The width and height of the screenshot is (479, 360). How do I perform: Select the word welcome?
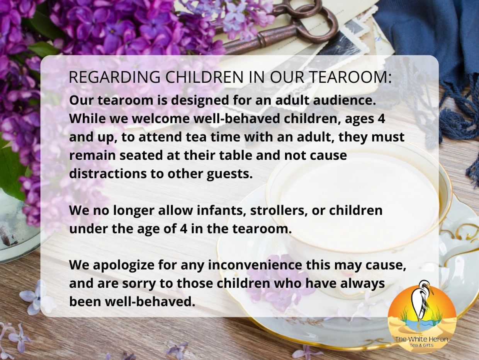pyautogui.click(x=161, y=119)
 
